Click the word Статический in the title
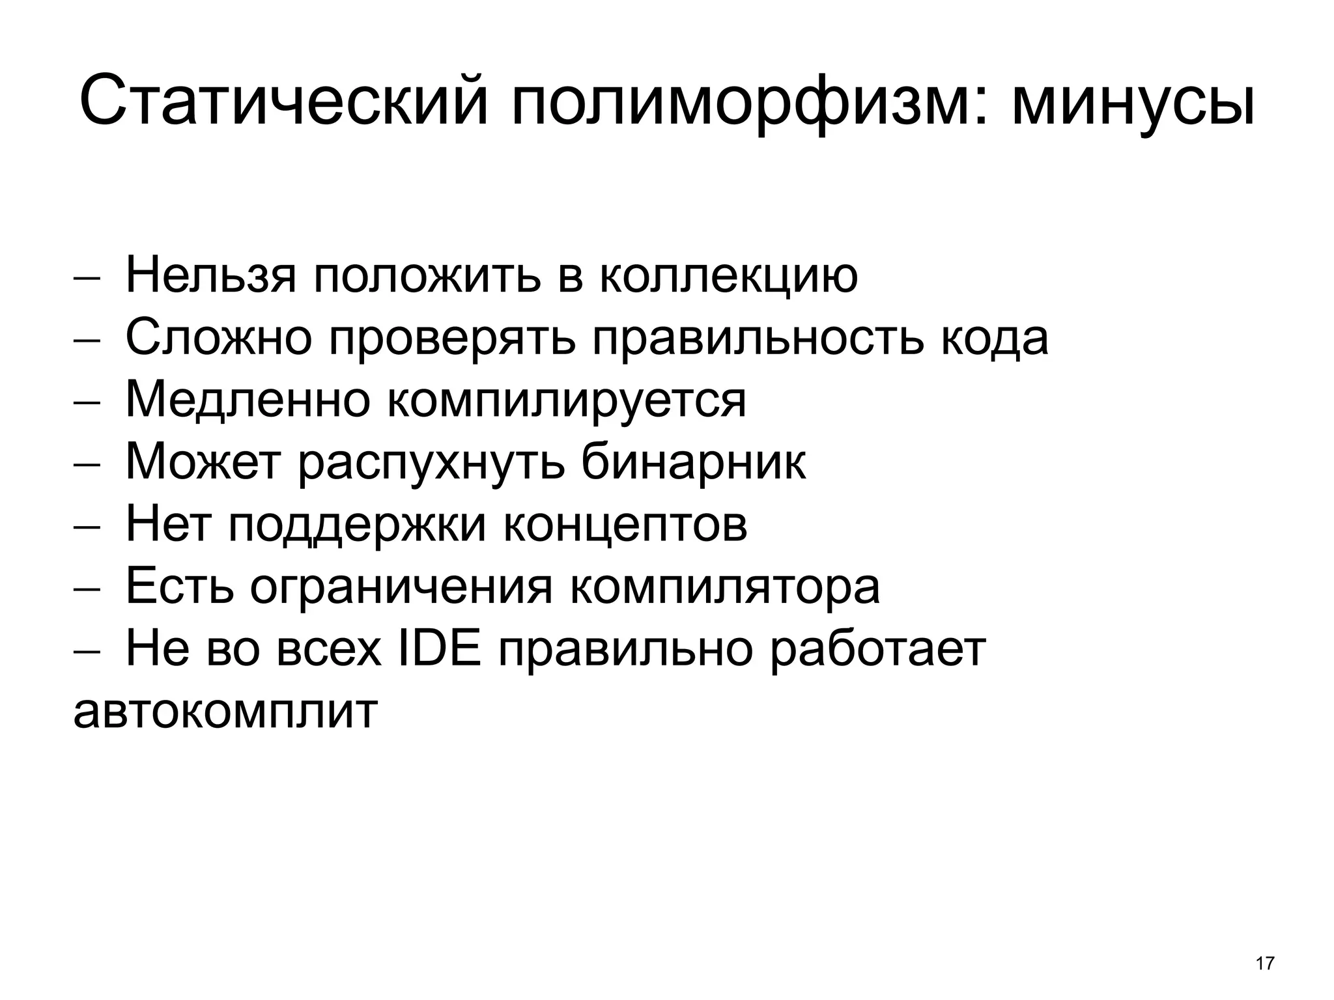pyautogui.click(x=283, y=101)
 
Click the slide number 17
pyautogui.click(x=1264, y=964)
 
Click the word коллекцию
pyautogui.click(x=728, y=277)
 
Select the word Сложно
pyautogui.click(x=218, y=338)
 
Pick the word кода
pyautogui.click(x=995, y=339)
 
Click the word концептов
pyautogui.click(x=625, y=526)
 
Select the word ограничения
pyautogui.click(x=401, y=589)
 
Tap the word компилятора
pyautogui.click(x=725, y=589)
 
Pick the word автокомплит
pyautogui.click(x=225, y=712)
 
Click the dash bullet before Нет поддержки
pyautogui.click(x=87, y=527)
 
